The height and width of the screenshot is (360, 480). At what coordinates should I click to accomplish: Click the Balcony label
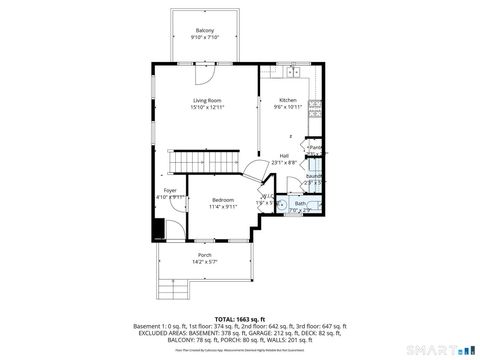(x=205, y=30)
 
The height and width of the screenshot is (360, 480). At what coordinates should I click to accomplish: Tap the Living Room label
(x=208, y=100)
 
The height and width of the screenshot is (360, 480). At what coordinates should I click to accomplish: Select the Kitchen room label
(x=288, y=100)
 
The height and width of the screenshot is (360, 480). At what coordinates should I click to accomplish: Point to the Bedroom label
(x=223, y=200)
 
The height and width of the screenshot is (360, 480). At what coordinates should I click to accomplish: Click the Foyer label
(x=170, y=190)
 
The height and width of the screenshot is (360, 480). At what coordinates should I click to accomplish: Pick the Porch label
(x=204, y=255)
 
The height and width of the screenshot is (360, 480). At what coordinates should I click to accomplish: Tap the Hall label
(x=284, y=155)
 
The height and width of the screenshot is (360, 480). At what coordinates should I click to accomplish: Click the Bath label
(x=301, y=203)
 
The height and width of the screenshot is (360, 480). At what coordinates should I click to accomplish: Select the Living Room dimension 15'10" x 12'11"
(x=208, y=107)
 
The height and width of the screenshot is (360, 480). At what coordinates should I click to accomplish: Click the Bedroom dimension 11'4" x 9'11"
(x=223, y=207)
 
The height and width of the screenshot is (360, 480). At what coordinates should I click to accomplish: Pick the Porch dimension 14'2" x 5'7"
(x=204, y=262)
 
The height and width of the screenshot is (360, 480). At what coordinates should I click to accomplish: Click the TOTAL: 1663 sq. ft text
(x=240, y=317)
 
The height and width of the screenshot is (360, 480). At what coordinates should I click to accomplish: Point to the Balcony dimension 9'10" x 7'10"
(x=205, y=37)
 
